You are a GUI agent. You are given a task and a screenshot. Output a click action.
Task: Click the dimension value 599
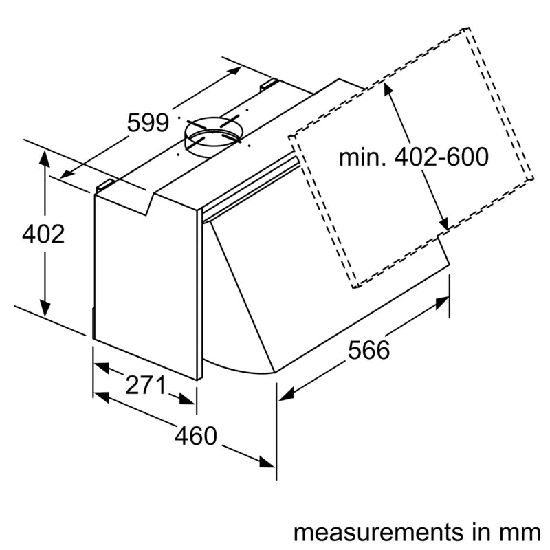[x=148, y=123]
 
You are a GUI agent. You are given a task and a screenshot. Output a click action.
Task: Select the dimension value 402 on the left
[x=43, y=234]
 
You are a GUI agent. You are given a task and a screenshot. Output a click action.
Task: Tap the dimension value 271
[x=145, y=386]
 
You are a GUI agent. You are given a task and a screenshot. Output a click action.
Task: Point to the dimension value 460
[x=195, y=435]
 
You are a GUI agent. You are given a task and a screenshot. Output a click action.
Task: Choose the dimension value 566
[x=368, y=350]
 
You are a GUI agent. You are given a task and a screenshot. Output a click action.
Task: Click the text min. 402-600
[x=413, y=157]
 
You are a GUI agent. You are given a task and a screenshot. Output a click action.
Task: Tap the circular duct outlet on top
[x=212, y=133]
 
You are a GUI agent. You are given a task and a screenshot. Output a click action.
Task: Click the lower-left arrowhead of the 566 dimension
[x=285, y=395]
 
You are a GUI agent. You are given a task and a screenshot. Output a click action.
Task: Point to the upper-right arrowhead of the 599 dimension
[x=235, y=70]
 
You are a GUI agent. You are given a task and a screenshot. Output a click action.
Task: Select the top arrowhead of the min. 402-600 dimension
[x=389, y=87]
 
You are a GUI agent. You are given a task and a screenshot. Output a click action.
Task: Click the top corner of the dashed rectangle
[x=468, y=29]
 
